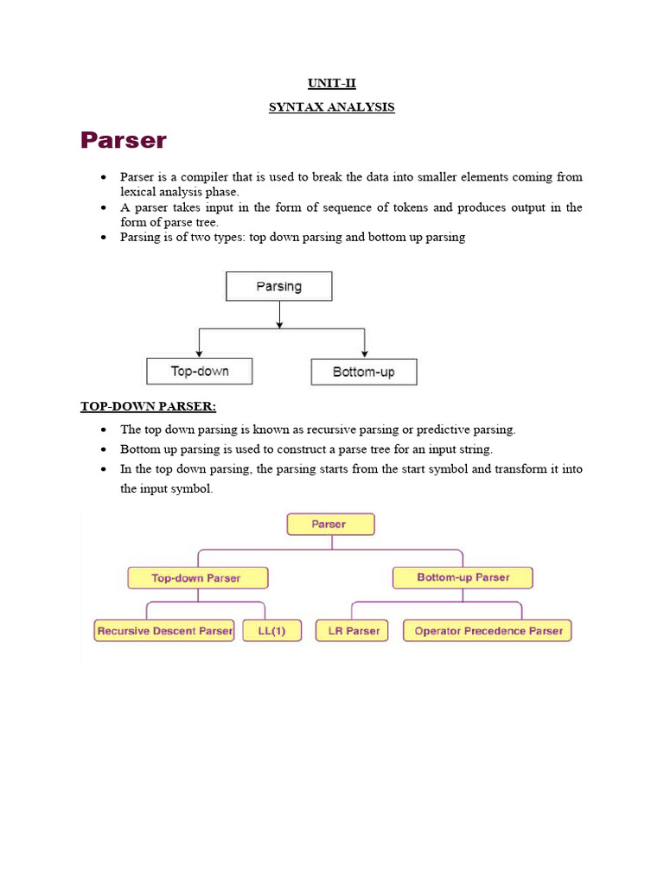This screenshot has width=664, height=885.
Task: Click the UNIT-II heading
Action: pos(332,84)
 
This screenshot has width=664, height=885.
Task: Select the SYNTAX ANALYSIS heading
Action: pos(332,107)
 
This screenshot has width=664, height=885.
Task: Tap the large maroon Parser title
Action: pos(124,140)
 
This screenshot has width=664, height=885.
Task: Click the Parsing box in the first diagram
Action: pos(278,286)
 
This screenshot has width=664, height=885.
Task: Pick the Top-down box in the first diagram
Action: pos(200,372)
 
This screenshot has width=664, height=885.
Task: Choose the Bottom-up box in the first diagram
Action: pos(364,372)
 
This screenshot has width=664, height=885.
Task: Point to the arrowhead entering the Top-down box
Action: pos(200,353)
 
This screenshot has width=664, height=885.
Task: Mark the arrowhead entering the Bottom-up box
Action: pos(364,353)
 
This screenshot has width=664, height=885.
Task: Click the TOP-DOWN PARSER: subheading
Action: pos(148,406)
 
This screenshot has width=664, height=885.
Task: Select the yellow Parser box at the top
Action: pos(330,525)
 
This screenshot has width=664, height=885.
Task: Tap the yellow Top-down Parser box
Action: pos(197,578)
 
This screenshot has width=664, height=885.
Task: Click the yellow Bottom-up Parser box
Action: pos(463,577)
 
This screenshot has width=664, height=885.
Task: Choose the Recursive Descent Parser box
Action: pos(164,631)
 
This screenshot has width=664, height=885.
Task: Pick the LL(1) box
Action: pos(271,631)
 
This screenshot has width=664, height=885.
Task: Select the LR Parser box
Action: pos(352,631)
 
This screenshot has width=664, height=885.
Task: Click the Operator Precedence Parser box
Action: pos(488,631)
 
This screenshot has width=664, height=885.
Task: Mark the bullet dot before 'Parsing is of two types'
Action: pos(104,237)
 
